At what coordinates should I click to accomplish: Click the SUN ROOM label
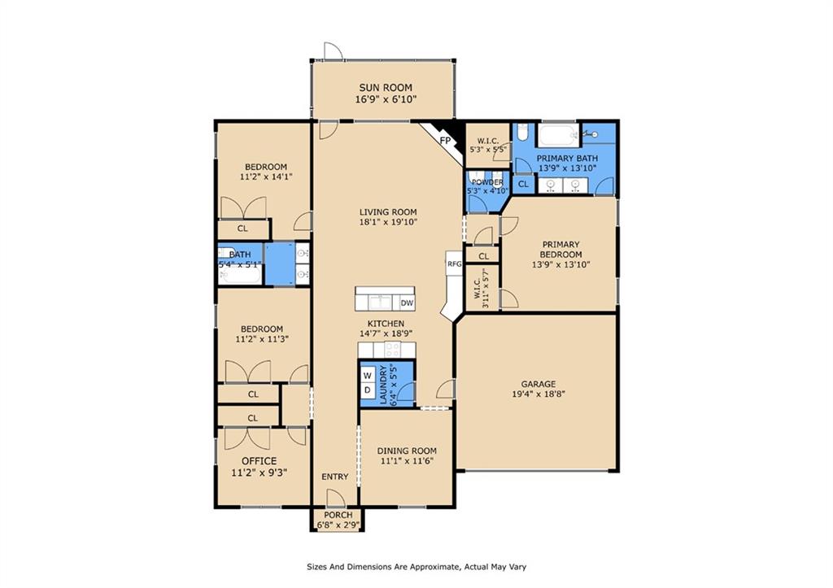click(386, 88)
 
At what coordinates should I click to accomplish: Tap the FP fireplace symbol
click(445, 141)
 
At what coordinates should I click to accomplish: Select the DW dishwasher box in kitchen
click(407, 303)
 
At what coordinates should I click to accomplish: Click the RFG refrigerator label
click(454, 264)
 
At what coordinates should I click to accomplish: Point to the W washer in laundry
click(367, 376)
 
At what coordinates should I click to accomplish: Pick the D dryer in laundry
click(367, 391)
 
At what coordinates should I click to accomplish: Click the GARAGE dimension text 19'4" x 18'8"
click(538, 394)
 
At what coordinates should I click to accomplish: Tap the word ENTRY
click(334, 477)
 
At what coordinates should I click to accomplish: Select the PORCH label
click(338, 516)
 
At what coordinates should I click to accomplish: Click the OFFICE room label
click(258, 461)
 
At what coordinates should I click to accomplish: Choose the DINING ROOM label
click(407, 451)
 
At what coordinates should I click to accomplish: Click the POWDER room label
click(487, 182)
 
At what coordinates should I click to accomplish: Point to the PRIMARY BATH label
click(567, 158)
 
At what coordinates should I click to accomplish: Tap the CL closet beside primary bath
click(524, 185)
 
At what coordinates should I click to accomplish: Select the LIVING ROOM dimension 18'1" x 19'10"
click(388, 222)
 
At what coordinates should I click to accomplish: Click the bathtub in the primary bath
click(558, 134)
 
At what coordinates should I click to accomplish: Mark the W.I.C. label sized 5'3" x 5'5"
click(488, 141)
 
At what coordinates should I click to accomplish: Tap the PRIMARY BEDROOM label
click(560, 249)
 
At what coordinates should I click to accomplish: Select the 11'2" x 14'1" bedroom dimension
click(264, 176)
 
